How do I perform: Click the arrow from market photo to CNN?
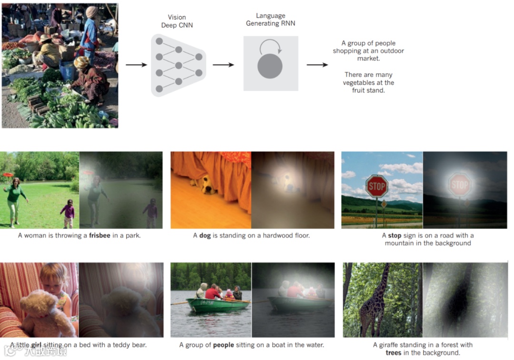[x=136, y=65]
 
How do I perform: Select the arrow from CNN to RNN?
[x=223, y=65]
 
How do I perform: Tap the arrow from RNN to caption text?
[x=317, y=65]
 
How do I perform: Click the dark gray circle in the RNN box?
[x=270, y=66]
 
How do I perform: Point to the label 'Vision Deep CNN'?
[x=177, y=21]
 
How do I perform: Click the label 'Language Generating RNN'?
[x=270, y=20]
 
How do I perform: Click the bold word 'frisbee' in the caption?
[x=100, y=235]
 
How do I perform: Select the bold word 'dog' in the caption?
[x=205, y=235]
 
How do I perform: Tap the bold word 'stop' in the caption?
[x=395, y=235]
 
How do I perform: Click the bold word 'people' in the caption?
[x=224, y=345]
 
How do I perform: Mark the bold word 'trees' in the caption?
[x=394, y=353]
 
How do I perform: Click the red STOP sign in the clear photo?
[x=376, y=186]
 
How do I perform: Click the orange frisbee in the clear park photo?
[x=7, y=175]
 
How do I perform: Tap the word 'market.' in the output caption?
[x=369, y=59]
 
